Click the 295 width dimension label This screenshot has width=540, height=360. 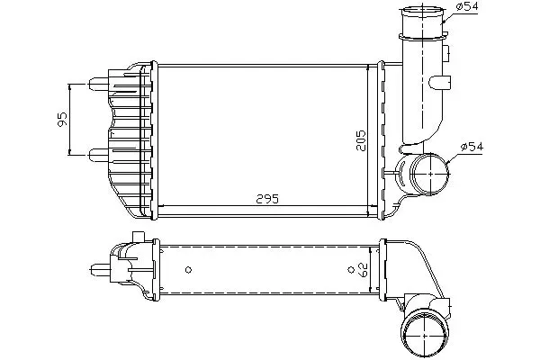point(267,199)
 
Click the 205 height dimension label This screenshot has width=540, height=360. point(361,140)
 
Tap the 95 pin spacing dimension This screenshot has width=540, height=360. point(62,119)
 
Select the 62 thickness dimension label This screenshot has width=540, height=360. point(363,270)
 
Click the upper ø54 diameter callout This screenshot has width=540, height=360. point(467,6)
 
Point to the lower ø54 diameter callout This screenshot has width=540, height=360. point(472,147)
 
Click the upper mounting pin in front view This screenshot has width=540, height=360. point(99,84)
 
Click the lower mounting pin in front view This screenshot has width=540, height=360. point(99,155)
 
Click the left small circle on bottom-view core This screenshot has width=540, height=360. point(188,270)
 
